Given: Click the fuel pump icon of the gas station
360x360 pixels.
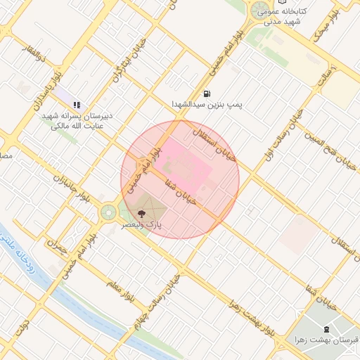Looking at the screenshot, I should (x=206, y=93).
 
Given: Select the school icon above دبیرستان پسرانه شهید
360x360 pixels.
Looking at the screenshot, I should (x=77, y=105).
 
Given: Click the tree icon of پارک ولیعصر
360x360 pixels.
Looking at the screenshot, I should (x=141, y=212).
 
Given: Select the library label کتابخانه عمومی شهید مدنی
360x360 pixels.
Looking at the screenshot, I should (x=282, y=16).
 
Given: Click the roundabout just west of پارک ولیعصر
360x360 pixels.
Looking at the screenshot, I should (x=109, y=212).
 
